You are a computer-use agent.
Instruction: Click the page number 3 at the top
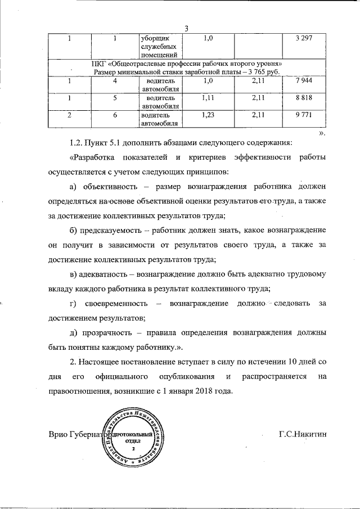(186, 29)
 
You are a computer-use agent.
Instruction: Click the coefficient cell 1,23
(209, 115)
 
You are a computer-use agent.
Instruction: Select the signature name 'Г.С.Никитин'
(302, 435)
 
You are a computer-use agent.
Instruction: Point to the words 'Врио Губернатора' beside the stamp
(79, 436)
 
